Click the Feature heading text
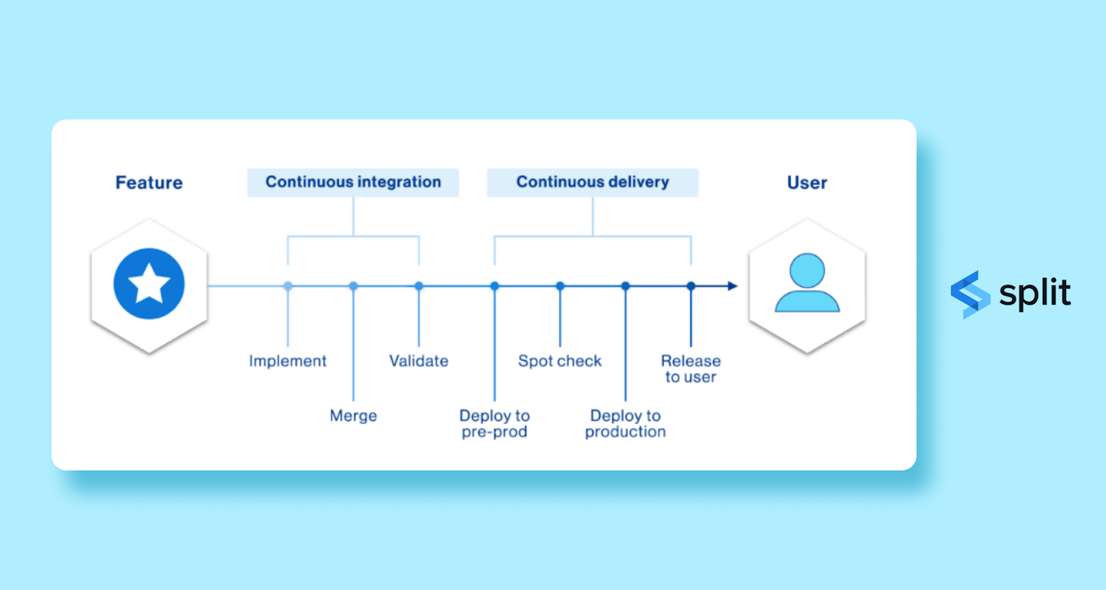point(149,183)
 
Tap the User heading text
point(806,183)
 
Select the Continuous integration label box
point(353,182)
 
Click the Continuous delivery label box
point(592,182)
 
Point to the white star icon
point(149,285)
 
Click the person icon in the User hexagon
point(807,283)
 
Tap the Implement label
point(288,361)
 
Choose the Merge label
point(353,416)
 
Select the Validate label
point(418,361)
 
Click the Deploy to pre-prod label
point(494,423)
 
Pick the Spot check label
point(559,361)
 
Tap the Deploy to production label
point(625,423)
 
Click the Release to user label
point(691,369)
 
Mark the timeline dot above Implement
point(288,286)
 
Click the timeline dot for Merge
point(353,286)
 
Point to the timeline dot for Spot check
point(560,286)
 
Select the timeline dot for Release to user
point(691,286)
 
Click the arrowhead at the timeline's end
point(733,286)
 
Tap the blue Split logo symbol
point(970,294)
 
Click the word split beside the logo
point(1035,293)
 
